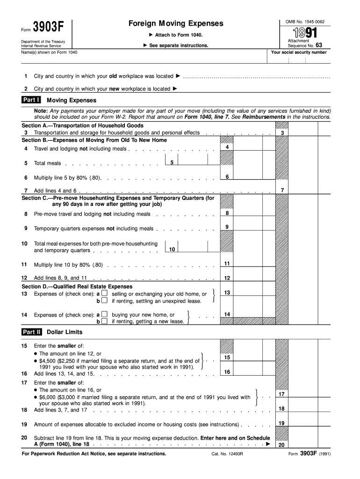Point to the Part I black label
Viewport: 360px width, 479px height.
(x=31, y=100)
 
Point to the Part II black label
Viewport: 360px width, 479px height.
(x=32, y=332)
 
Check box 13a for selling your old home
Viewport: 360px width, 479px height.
(x=104, y=293)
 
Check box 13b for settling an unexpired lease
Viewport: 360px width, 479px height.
(x=104, y=301)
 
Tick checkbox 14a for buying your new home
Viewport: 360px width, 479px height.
(x=104, y=314)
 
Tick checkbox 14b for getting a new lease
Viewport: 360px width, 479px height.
(x=104, y=321)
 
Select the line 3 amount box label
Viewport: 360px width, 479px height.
(x=282, y=133)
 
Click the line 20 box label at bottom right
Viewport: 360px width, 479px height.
(x=282, y=445)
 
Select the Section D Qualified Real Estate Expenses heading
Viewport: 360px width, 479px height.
(x=77, y=286)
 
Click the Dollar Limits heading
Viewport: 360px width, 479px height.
(x=65, y=332)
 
